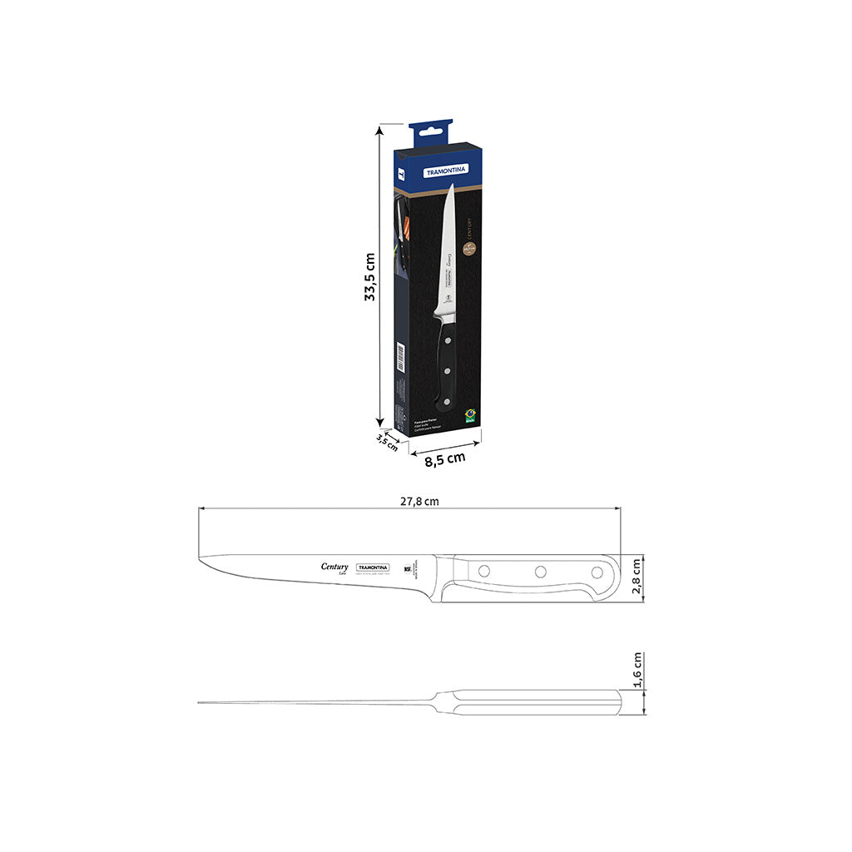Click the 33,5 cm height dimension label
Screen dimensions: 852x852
[x=371, y=276]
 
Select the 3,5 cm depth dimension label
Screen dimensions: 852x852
[x=387, y=441]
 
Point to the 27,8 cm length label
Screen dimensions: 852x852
[x=419, y=501]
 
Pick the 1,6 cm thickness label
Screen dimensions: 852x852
[x=637, y=671]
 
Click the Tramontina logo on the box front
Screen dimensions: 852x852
[x=447, y=170]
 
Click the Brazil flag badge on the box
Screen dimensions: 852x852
[x=470, y=414]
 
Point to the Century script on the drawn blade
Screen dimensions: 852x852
[x=335, y=567]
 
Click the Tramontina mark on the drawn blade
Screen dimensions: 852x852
[x=374, y=567]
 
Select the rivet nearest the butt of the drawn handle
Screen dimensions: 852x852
[x=596, y=572]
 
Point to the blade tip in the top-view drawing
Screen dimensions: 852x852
[x=199, y=703]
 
